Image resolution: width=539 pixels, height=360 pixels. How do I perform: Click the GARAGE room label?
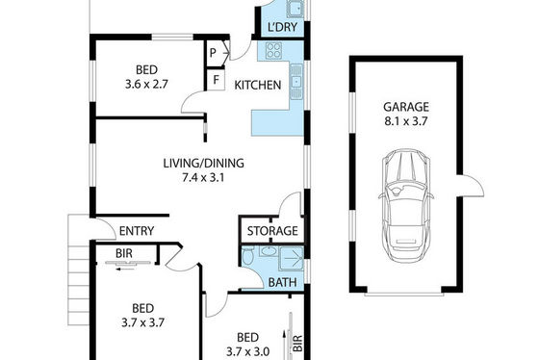406,107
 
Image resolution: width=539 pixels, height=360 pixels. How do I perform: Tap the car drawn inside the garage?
406,206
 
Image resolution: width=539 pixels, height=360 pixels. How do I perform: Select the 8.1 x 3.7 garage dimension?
406,121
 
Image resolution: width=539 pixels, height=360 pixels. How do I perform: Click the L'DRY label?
282,27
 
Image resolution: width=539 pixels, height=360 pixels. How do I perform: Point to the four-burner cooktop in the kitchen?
274,50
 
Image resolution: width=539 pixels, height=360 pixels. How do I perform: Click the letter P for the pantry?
213,53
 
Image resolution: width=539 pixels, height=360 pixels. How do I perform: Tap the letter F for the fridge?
216,80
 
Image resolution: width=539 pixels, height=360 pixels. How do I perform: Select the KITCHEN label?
258,85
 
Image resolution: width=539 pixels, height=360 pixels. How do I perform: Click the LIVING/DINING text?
203,163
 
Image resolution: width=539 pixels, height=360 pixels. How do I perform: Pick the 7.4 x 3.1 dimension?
203,178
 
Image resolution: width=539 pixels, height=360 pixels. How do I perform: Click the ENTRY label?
137,231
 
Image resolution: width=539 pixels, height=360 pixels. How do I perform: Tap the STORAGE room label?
272,231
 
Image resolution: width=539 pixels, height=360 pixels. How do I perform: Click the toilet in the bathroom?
247,256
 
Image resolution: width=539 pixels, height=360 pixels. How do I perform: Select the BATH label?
282,282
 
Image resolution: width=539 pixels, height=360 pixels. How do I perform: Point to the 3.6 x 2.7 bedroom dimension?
146,85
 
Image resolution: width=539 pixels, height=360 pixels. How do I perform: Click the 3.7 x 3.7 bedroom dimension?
142,322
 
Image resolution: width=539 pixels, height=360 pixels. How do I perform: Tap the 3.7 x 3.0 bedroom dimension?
247,351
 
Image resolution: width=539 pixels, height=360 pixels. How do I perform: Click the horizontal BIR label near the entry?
124,253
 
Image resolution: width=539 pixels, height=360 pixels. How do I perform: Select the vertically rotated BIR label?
298,343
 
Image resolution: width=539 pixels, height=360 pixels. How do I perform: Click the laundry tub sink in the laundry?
295,9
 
